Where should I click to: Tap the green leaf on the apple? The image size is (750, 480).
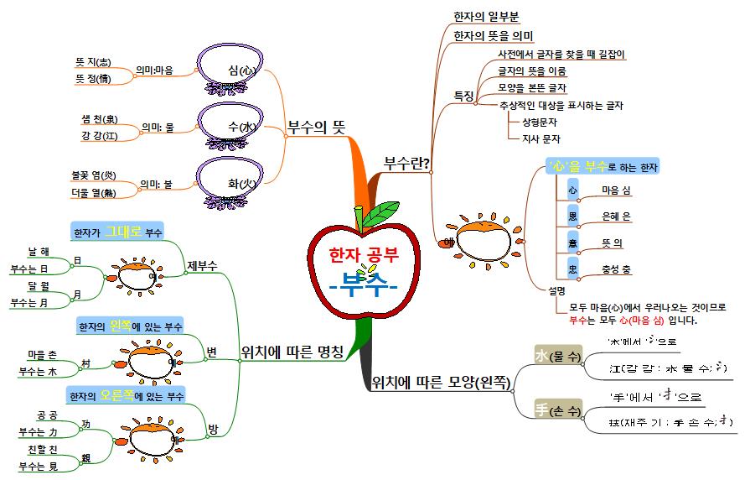[384, 214]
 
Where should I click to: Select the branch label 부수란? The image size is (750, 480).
[406, 162]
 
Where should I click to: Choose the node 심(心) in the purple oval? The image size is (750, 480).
[240, 70]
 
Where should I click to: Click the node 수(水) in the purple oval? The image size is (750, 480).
[240, 127]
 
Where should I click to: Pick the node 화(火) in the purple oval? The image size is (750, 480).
[240, 183]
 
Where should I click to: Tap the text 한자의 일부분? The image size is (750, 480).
[487, 16]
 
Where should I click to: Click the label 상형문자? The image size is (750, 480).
[541, 123]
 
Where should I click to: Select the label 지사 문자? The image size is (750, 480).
[541, 139]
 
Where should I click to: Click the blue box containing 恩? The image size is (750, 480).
[572, 217]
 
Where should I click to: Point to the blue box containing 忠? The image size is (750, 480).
[572, 269]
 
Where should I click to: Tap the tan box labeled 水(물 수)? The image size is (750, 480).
[558, 356]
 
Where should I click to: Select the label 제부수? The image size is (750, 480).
[203, 265]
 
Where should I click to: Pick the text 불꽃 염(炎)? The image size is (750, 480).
[94, 175]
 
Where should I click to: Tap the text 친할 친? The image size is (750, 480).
[42, 451]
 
